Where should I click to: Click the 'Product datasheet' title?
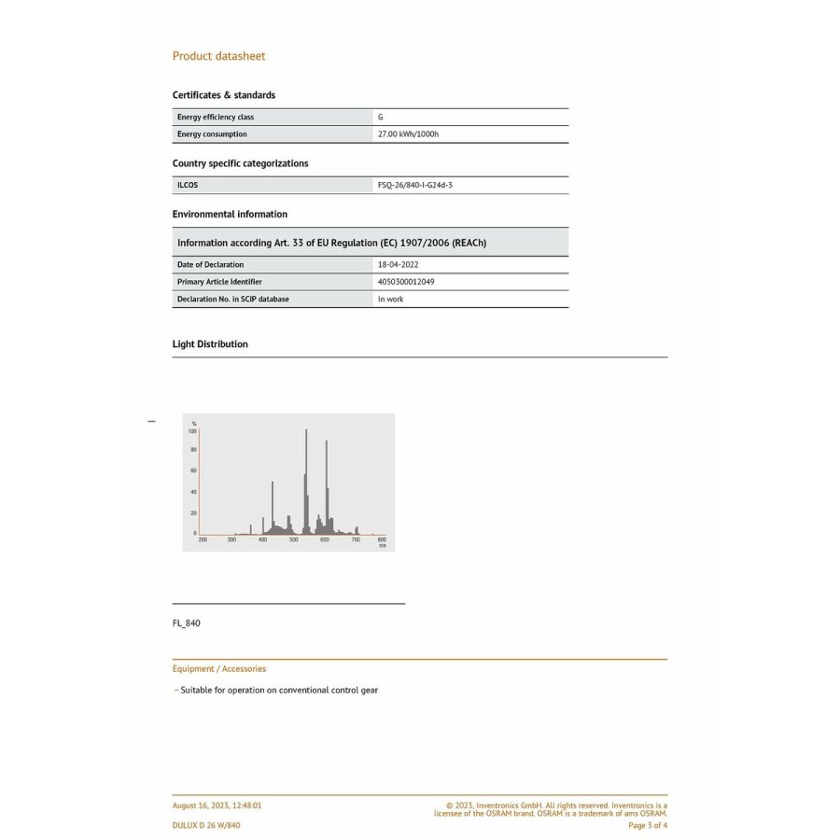218,56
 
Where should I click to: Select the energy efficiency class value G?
380,118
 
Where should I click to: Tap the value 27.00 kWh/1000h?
408,134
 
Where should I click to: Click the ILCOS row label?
188,185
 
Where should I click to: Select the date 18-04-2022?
399,265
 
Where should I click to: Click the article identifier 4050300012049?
405,282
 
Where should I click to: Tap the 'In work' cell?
390,300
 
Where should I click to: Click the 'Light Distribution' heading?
210,344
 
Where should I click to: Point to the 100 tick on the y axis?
192,431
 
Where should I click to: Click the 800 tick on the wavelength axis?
381,540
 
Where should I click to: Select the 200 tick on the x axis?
203,540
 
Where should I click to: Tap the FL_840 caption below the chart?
186,623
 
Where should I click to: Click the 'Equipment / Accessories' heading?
218,669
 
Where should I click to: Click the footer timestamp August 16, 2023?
217,805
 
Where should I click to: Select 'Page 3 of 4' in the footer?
648,825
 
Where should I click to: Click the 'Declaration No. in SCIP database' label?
232,300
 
